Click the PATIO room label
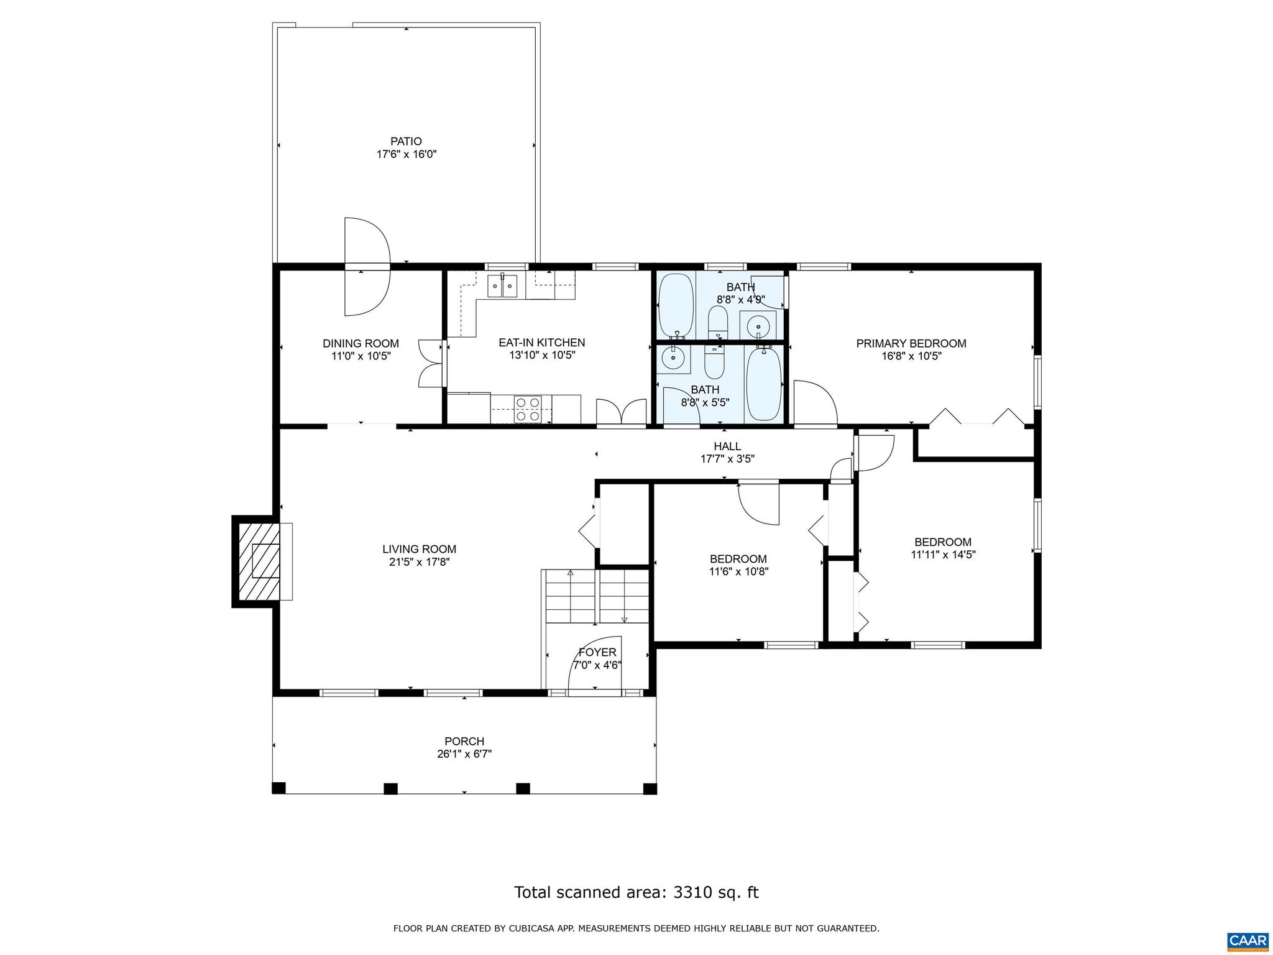click(406, 141)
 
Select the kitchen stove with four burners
click(527, 410)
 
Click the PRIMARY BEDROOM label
click(911, 343)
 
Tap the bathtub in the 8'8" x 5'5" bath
click(763, 384)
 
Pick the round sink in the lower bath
click(672, 359)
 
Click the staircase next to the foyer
click(596, 596)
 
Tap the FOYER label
click(597, 652)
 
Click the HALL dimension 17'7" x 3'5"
click(727, 459)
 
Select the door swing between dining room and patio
click(367, 267)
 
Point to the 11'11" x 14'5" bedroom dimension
click(943, 555)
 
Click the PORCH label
click(464, 741)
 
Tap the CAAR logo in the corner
click(1248, 940)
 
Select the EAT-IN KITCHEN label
click(541, 343)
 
